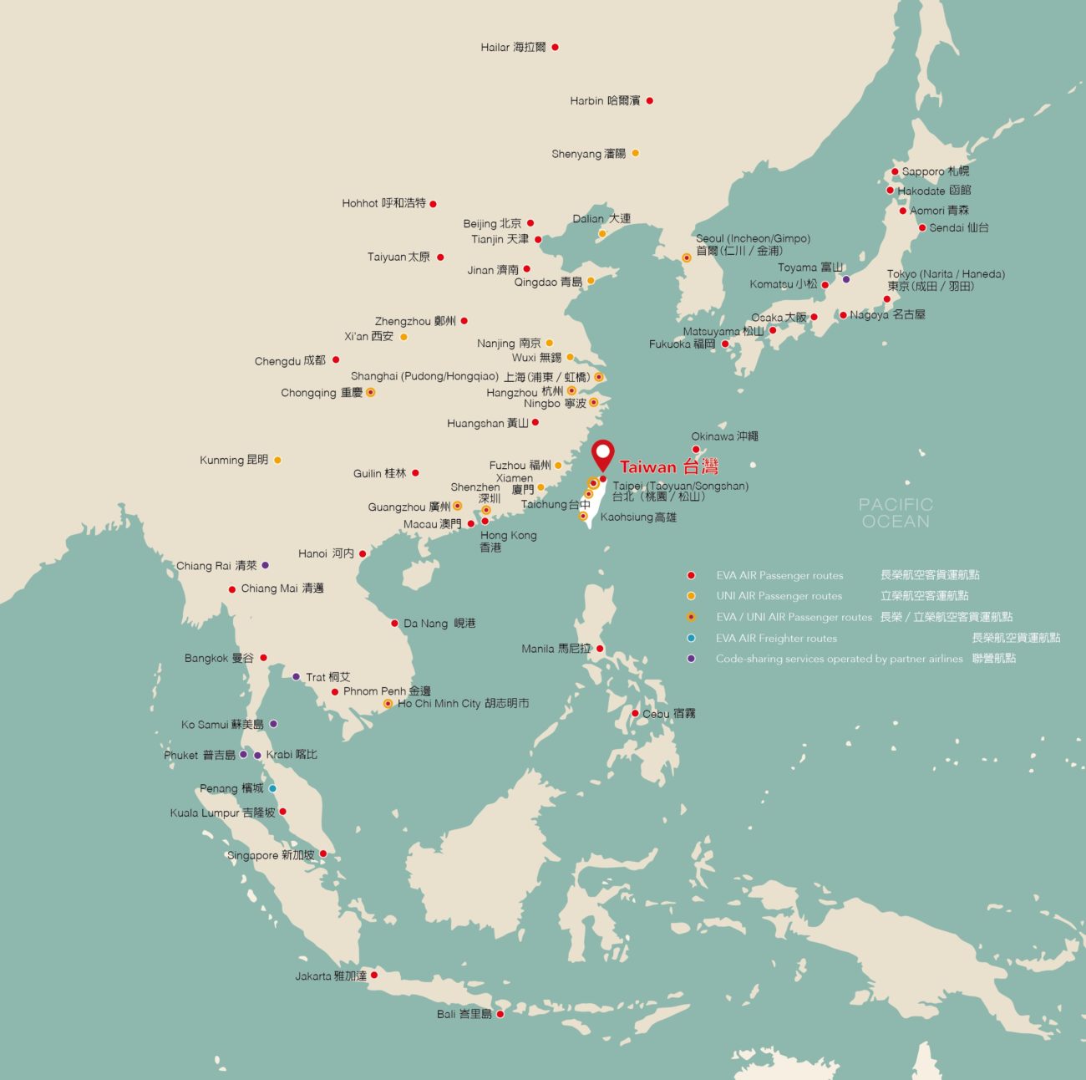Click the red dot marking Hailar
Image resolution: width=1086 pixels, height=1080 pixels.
point(555,48)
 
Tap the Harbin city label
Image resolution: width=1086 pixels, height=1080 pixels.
point(605,101)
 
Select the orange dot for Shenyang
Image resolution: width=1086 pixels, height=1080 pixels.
point(636,153)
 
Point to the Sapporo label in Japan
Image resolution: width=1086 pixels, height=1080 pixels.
point(935,171)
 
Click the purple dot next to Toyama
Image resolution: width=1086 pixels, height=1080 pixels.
point(846,279)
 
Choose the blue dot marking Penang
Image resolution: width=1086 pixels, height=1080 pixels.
point(272,788)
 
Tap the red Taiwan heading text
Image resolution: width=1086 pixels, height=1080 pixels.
point(668,467)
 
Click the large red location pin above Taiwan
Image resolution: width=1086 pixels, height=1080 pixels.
point(602,456)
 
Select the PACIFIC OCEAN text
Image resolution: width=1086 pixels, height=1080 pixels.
point(896,512)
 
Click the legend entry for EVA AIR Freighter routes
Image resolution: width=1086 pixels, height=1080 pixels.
point(775,639)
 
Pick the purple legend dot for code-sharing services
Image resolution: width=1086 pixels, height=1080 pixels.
point(691,659)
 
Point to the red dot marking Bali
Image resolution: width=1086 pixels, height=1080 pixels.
point(500,1014)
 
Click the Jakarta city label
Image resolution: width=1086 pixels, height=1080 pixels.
point(330,976)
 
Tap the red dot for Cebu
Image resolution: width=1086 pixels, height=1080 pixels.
point(636,713)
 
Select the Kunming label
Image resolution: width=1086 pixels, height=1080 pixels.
point(234,461)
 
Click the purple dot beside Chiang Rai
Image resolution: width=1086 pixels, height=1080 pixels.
point(266,565)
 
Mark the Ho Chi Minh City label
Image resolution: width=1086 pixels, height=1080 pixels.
point(463,704)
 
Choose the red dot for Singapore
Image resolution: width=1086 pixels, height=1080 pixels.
point(323,853)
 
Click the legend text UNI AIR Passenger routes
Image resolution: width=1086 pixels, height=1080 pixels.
point(779,597)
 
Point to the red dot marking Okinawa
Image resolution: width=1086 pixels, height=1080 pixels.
point(696,450)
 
